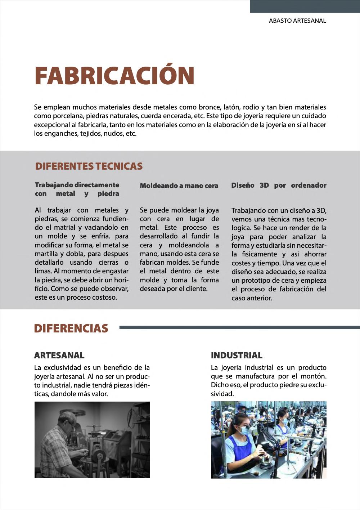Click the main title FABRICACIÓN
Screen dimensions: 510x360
click(114, 76)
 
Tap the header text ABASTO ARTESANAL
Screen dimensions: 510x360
click(297, 21)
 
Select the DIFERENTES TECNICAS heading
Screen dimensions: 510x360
click(89, 166)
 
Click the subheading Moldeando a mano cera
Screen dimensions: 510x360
click(179, 186)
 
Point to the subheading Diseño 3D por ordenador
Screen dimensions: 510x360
click(279, 185)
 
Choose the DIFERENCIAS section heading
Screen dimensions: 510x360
click(71, 328)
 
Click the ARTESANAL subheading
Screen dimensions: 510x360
click(59, 355)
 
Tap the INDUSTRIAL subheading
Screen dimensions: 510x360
click(237, 355)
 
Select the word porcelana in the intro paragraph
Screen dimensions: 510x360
click(68, 116)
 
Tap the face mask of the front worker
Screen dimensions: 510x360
click(244, 430)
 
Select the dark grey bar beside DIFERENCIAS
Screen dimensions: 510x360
click(239, 327)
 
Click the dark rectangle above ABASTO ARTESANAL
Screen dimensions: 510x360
click(305, 6)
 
